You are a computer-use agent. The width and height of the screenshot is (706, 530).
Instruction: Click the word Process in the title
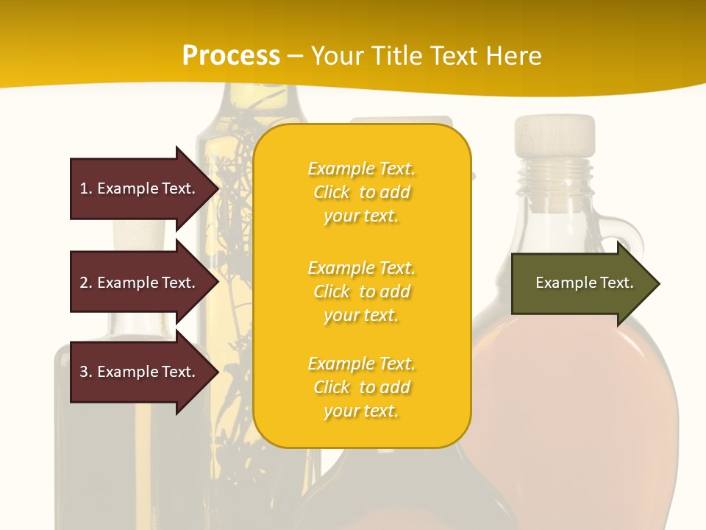tap(231, 56)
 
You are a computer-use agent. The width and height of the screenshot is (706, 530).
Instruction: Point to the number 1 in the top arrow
tap(84, 188)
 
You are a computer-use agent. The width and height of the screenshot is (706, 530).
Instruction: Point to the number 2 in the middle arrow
tap(84, 283)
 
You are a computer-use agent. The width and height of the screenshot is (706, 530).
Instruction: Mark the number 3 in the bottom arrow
tap(84, 372)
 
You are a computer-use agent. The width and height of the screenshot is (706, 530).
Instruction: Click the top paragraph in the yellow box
tap(361, 192)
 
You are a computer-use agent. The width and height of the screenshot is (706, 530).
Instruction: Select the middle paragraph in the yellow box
tap(361, 291)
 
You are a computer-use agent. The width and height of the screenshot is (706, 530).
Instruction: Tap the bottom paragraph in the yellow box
tap(361, 387)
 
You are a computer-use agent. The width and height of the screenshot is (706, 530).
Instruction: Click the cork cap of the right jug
tap(555, 134)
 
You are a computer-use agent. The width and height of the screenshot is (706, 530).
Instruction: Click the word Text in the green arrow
tap(616, 283)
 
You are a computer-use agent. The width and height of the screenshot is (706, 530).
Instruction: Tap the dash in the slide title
tap(295, 56)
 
